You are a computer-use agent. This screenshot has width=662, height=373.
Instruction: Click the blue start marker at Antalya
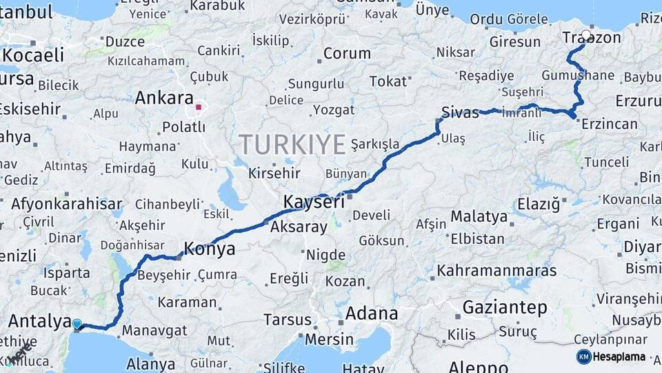77,323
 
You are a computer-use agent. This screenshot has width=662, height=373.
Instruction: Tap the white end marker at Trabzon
586,34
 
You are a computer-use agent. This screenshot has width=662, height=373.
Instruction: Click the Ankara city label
164,97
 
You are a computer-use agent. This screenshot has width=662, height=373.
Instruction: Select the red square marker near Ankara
199,107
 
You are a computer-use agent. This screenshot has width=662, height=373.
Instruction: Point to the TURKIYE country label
292,145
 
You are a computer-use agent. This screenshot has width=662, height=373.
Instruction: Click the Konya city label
209,249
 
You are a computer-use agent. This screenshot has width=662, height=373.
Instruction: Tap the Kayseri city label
314,202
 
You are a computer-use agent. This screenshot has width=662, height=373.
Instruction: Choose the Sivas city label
460,113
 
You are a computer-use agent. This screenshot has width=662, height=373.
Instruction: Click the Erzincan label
609,124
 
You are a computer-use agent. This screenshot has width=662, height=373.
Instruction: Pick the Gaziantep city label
505,307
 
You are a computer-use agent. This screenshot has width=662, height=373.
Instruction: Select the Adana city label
371,313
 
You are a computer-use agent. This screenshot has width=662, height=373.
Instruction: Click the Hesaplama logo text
619,356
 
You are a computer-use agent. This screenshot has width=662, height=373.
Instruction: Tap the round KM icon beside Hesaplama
584,356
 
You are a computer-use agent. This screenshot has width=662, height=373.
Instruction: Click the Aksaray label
299,227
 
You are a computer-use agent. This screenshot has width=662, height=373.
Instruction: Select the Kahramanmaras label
496,270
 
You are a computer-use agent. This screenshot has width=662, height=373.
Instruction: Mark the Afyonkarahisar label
66,204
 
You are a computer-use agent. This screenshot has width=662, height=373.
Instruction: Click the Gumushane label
578,75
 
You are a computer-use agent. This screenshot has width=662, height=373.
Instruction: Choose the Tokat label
388,82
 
